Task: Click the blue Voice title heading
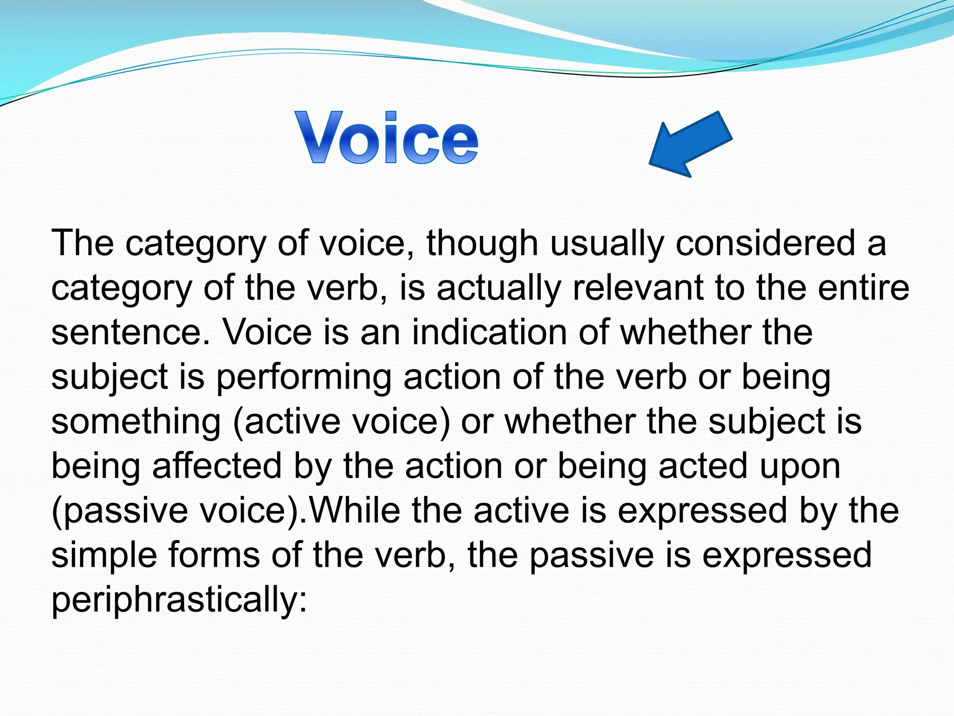(x=387, y=138)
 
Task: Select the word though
(x=482, y=243)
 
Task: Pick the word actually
(x=498, y=288)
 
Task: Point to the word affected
(x=217, y=466)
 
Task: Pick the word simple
(x=103, y=555)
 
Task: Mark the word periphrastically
(x=179, y=599)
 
